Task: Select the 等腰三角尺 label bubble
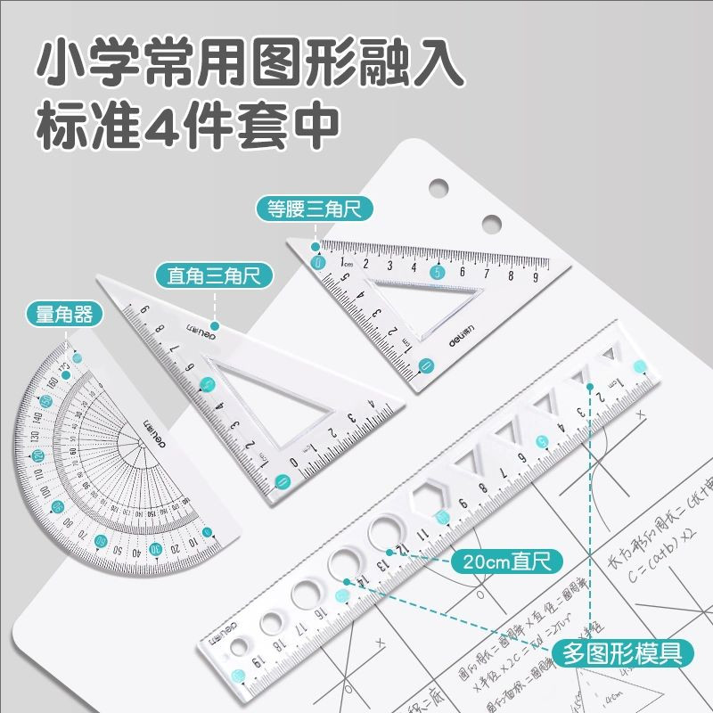click(x=314, y=209)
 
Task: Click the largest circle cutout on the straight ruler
click(x=388, y=532)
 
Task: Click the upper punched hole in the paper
click(x=438, y=186)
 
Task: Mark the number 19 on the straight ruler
click(x=233, y=660)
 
